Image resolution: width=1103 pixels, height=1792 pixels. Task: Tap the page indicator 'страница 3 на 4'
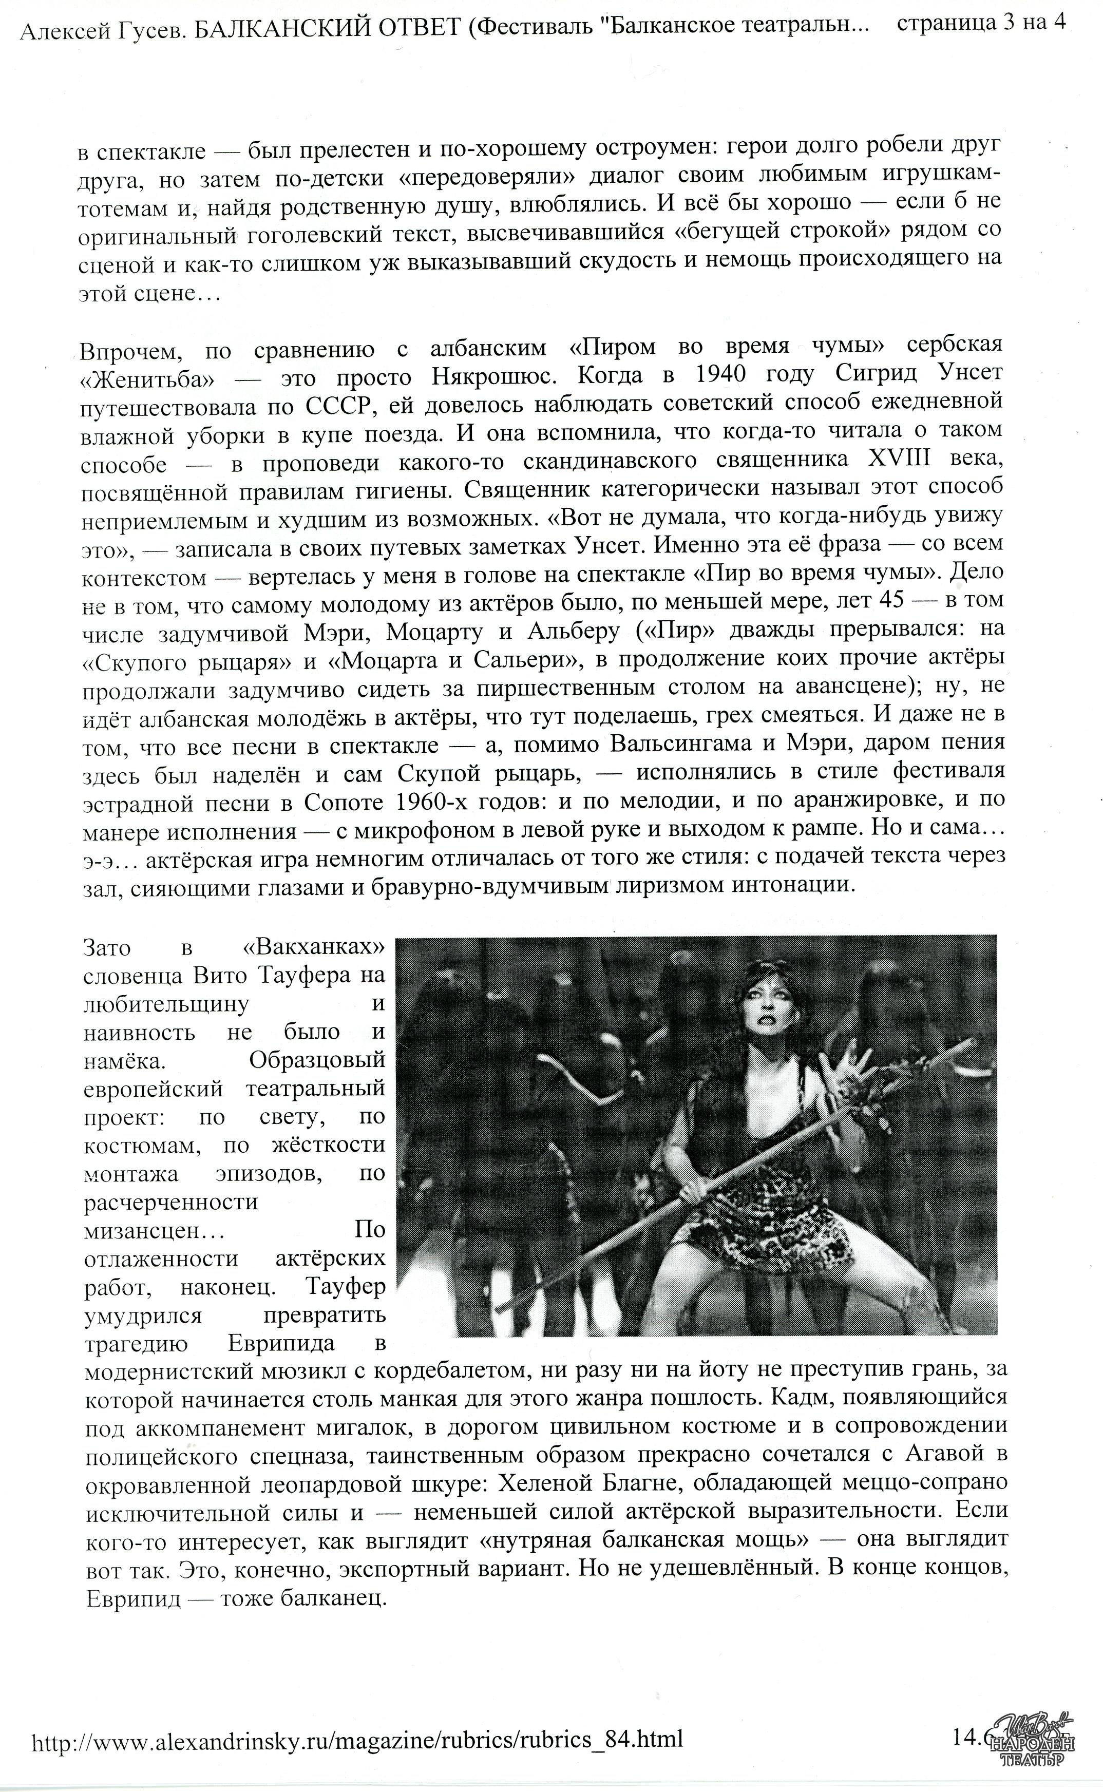[x=981, y=23]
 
